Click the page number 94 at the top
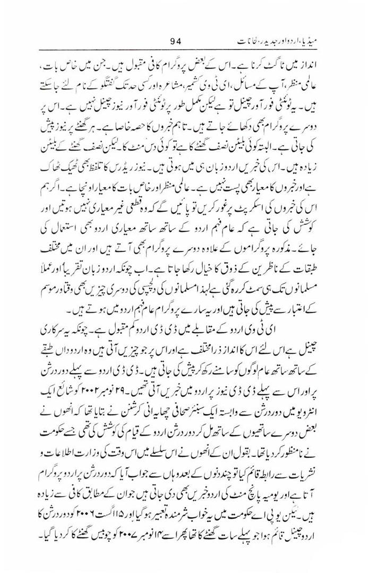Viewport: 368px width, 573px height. click(x=177, y=40)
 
